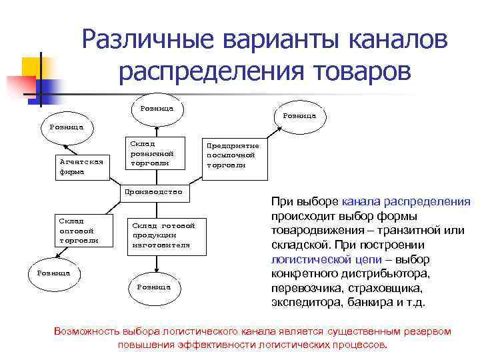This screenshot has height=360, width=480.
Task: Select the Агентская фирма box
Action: pos(81,165)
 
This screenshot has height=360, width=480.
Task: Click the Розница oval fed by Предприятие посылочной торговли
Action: pos(299,115)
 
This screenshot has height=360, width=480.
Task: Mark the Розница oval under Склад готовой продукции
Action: pos(154,287)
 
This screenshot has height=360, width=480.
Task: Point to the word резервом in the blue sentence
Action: pos(422,331)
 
